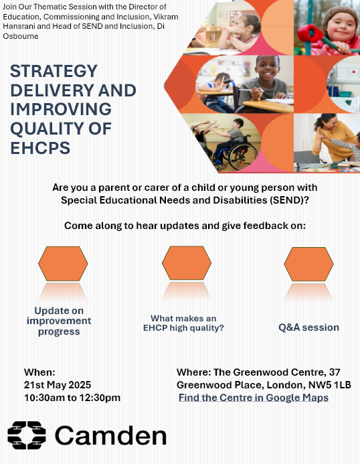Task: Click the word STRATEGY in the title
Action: click(54, 71)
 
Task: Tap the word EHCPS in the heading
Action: click(40, 148)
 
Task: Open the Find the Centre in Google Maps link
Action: click(254, 398)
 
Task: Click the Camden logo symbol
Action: click(27, 435)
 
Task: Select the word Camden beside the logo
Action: click(110, 436)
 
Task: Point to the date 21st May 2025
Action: click(58, 385)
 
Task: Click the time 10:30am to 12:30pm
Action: click(72, 398)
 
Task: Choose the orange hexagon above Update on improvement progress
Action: click(63, 263)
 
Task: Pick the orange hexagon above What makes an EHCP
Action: click(187, 262)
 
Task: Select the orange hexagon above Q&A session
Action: click(308, 264)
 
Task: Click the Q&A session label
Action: click(309, 327)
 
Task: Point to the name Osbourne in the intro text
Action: click(21, 36)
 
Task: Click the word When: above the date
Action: click(39, 372)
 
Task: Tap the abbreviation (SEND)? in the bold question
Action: click(289, 200)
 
